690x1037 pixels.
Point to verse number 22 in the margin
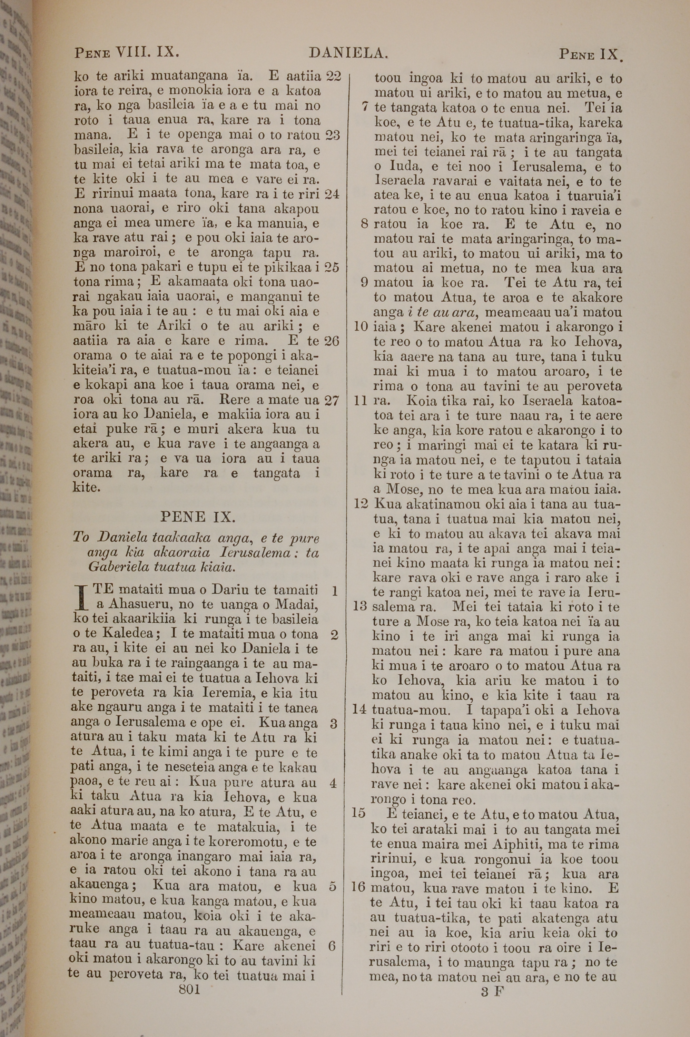(333, 76)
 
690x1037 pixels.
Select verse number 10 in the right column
(361, 326)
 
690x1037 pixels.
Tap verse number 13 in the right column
(360, 607)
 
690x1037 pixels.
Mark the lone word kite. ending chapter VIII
(87, 488)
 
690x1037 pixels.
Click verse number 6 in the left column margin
(332, 946)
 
